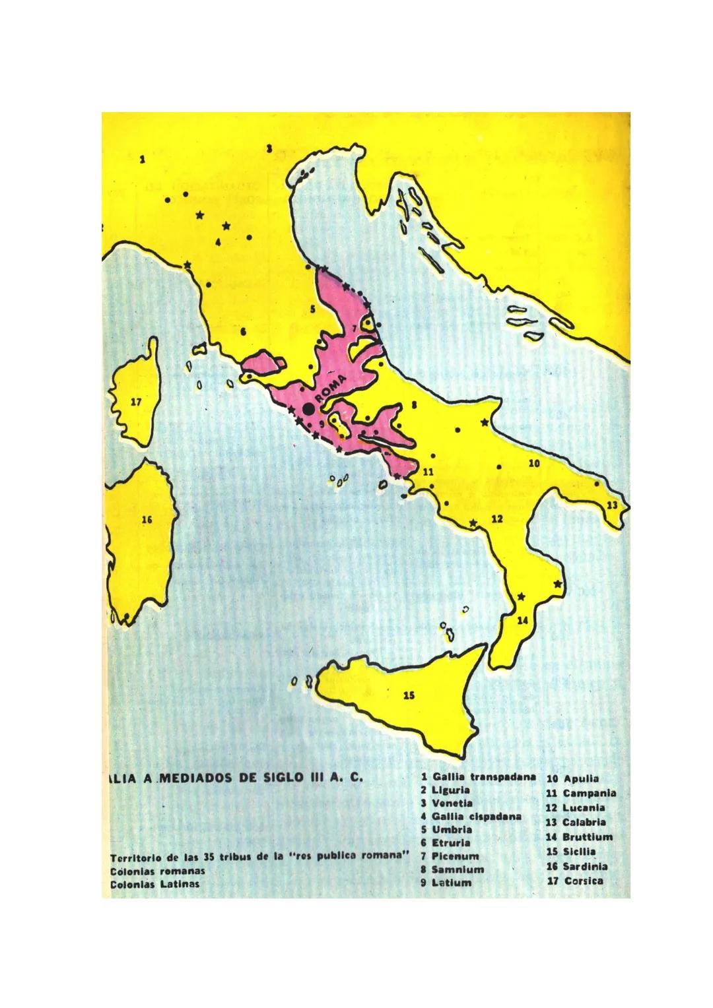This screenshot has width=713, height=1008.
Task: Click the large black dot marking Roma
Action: [308, 409]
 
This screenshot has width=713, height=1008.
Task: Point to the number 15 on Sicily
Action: [409, 695]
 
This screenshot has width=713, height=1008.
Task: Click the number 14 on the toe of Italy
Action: [522, 620]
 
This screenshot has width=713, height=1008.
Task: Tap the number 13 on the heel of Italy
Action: [612, 505]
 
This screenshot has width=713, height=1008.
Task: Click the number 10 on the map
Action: [534, 464]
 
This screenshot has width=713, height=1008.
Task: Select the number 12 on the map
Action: [497, 519]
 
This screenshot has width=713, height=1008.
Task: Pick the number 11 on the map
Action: [426, 472]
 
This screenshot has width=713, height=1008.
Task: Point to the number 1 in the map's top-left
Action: [142, 159]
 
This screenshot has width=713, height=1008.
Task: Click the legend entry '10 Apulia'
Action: [572, 778]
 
